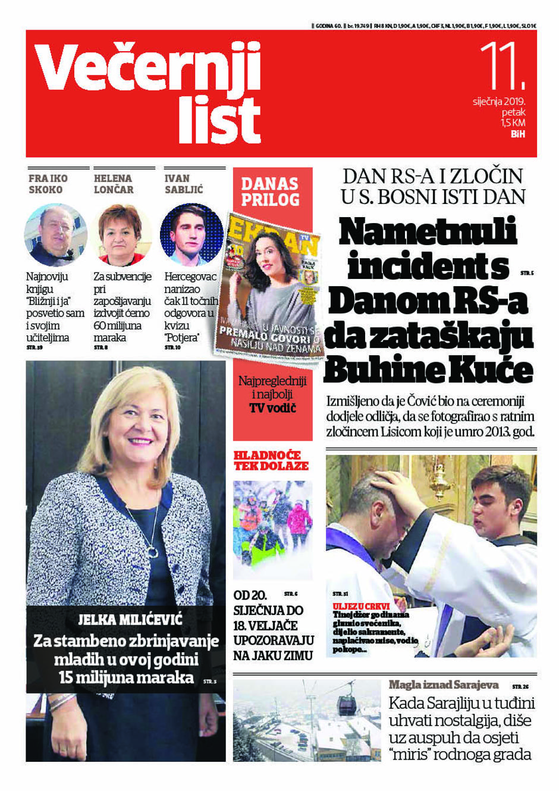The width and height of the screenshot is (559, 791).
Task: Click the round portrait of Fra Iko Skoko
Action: pos(55,236)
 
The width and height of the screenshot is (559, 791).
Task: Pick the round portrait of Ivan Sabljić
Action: pos(191,236)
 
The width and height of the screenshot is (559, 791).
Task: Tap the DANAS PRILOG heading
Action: pos(271,192)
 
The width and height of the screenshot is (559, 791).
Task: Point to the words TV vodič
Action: pos(272,408)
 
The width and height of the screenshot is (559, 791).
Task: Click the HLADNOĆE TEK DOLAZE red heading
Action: pos(271,460)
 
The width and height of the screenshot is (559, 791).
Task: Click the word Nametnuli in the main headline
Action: pos(428,232)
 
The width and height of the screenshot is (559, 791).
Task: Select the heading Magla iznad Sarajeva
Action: pos(444,685)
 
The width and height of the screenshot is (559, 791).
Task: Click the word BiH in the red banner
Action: pos(517,134)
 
